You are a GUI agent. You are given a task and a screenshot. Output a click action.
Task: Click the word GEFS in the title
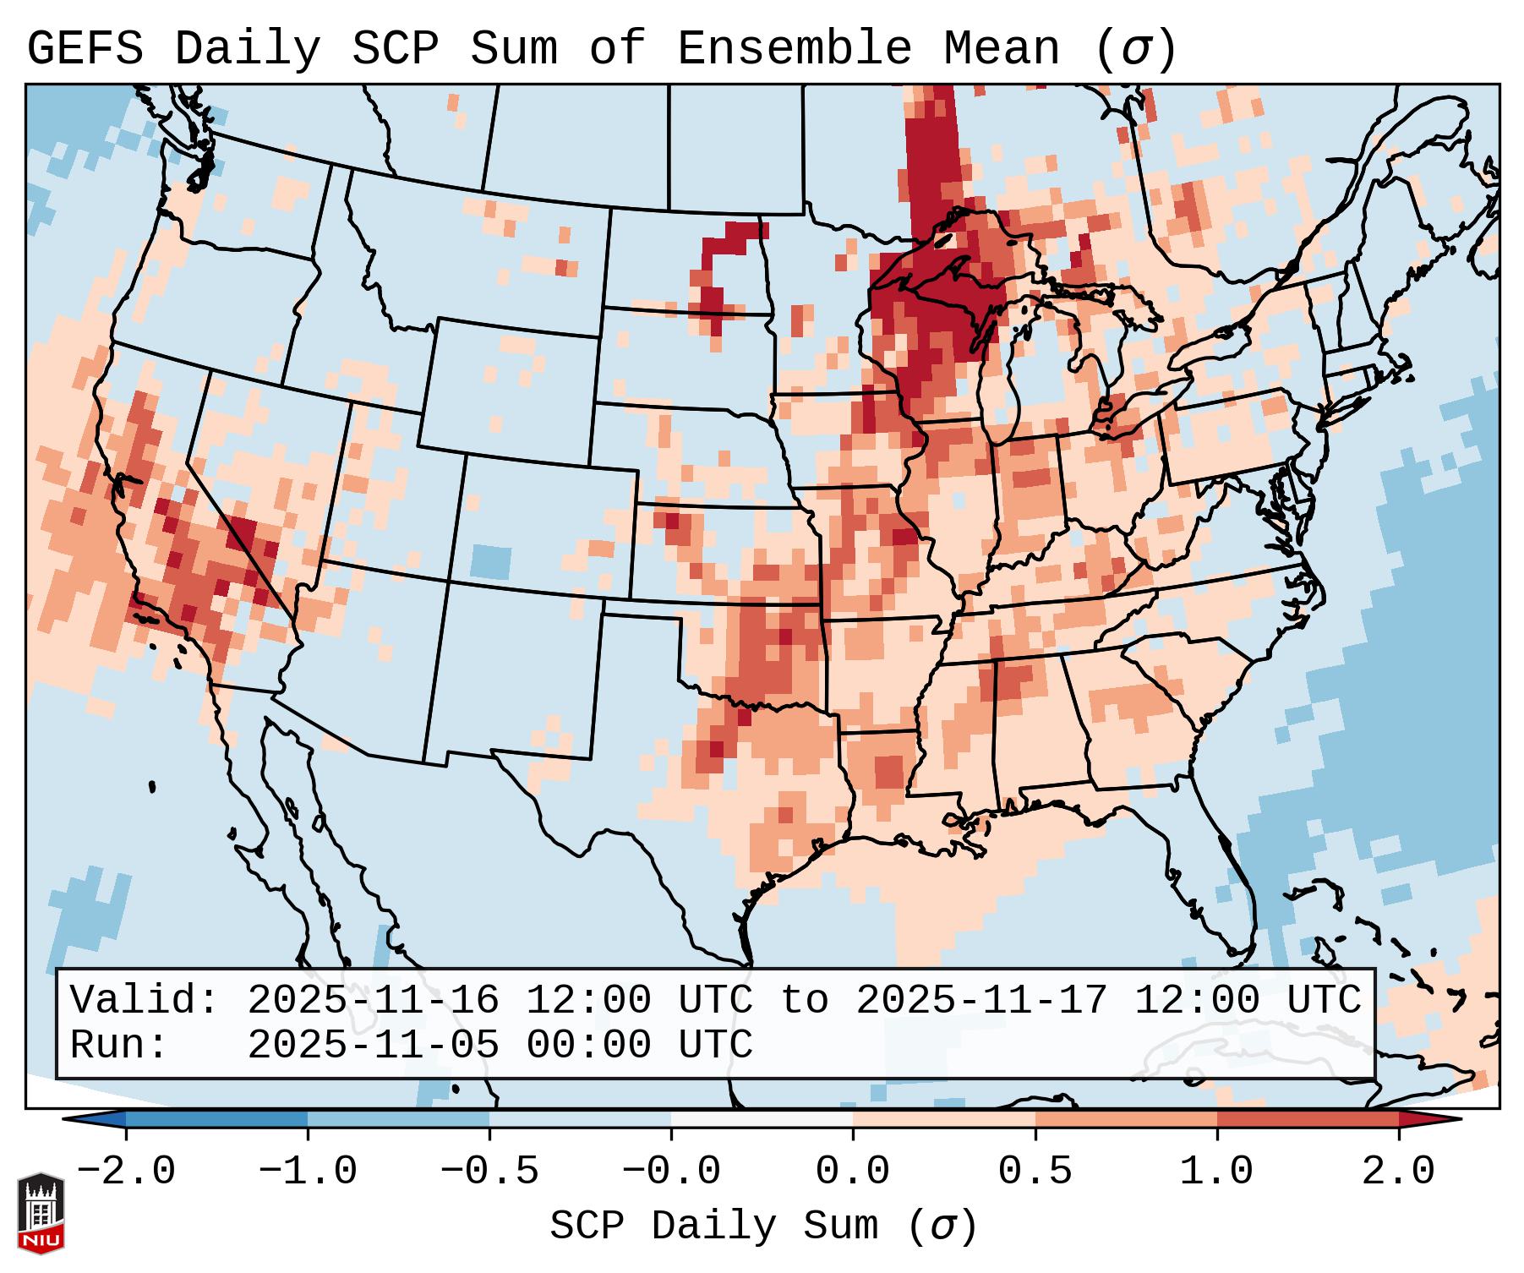click(x=85, y=49)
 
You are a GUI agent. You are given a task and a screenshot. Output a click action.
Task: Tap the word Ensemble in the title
click(x=795, y=49)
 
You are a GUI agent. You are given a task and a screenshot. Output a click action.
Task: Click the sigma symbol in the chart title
click(x=1135, y=49)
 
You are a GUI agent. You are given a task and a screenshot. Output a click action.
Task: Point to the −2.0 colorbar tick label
click(x=126, y=1172)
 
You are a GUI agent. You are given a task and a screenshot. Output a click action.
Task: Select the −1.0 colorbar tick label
click(x=308, y=1172)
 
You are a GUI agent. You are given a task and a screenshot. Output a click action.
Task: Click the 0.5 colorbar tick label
click(x=1035, y=1172)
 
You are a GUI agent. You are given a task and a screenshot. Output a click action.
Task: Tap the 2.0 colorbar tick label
click(x=1398, y=1172)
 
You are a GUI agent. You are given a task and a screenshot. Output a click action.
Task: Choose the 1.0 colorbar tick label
click(x=1216, y=1172)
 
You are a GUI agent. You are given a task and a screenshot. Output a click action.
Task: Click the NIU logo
click(x=41, y=1212)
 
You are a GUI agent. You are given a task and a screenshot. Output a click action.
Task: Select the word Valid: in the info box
click(x=145, y=1001)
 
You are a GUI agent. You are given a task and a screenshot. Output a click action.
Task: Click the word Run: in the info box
click(x=118, y=1046)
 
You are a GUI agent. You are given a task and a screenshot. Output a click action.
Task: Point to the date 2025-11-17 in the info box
click(x=981, y=1001)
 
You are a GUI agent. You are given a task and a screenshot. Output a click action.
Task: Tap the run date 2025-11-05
click(x=373, y=1046)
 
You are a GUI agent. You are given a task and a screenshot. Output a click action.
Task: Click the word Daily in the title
click(x=247, y=49)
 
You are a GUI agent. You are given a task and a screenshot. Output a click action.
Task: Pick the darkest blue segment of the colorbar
click(x=216, y=1119)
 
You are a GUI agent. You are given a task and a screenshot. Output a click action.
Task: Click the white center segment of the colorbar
click(x=762, y=1119)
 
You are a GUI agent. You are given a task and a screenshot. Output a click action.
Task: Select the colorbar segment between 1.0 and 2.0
click(x=1308, y=1119)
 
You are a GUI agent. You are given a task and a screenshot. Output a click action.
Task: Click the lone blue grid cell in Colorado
click(x=490, y=561)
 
